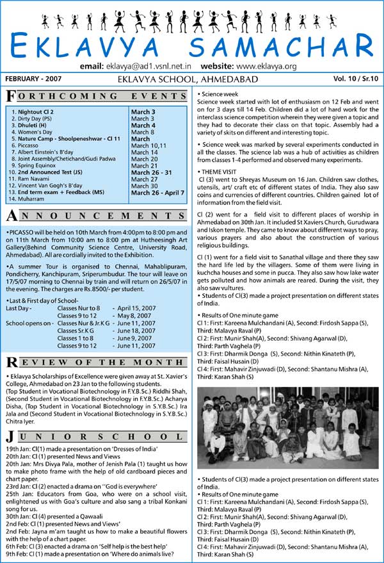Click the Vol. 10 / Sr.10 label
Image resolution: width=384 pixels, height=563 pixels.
355,78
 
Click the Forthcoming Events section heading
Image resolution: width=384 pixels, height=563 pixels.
96,96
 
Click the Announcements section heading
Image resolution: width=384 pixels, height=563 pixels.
96,215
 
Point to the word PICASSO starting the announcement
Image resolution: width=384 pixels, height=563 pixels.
19,230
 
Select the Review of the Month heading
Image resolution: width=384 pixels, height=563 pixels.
96,362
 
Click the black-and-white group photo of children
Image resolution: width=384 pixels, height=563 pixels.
287,427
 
